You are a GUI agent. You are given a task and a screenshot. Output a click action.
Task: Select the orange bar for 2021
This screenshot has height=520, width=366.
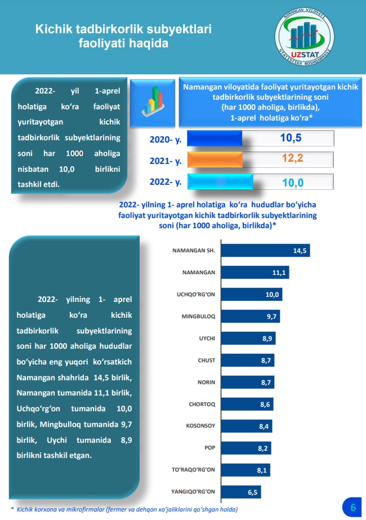215,159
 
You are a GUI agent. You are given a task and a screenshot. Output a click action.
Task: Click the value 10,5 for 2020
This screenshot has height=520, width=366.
292,138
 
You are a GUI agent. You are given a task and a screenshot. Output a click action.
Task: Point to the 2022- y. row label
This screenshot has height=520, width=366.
165,182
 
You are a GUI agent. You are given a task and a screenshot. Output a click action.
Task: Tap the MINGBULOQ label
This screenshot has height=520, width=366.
198,316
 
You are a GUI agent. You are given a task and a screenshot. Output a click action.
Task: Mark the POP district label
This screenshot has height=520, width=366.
209,448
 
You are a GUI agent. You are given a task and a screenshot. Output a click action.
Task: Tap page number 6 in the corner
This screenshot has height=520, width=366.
352,506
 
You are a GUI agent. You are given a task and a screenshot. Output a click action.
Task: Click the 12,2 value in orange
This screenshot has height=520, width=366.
292,159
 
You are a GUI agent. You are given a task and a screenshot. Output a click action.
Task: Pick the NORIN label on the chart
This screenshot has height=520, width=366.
206,382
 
